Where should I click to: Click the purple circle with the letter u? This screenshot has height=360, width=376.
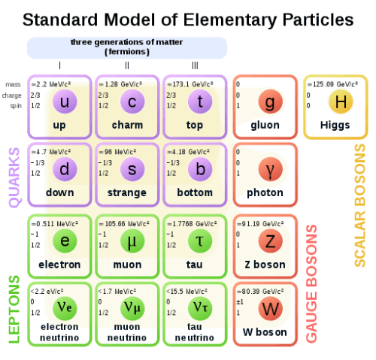(65, 101)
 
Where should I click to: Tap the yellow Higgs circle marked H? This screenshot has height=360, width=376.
(341, 101)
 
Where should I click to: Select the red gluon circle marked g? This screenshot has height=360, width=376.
(271, 101)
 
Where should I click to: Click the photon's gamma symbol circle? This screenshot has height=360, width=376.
(271, 169)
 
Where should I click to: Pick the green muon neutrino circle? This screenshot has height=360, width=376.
(132, 308)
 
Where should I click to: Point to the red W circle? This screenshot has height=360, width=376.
(271, 308)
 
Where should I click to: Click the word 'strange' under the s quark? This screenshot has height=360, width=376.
(127, 193)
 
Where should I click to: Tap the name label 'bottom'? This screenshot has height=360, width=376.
(195, 192)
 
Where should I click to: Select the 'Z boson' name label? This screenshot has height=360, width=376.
(265, 265)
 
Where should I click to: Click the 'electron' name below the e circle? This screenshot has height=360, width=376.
(59, 265)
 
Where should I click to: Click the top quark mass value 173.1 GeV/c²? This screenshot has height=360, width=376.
(190, 84)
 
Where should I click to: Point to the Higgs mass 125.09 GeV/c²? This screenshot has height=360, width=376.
(332, 84)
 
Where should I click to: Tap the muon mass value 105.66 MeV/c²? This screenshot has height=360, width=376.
(124, 223)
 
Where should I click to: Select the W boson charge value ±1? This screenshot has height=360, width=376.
(240, 302)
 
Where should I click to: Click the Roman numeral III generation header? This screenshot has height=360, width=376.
(195, 65)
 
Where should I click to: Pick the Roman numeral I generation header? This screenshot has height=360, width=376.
(59, 65)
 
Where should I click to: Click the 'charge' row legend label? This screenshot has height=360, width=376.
(12, 95)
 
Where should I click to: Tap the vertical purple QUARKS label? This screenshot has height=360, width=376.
(14, 177)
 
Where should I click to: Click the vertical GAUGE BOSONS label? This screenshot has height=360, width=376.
(311, 283)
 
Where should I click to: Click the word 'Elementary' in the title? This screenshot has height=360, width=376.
(230, 20)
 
